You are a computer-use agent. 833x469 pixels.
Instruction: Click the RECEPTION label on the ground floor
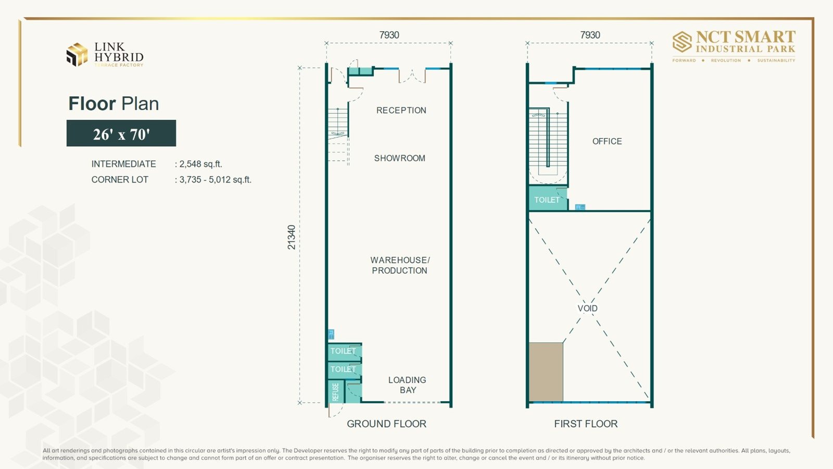click(x=401, y=110)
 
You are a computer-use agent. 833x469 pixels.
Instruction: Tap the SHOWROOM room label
click(x=399, y=158)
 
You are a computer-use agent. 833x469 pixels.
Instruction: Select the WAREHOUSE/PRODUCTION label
click(x=400, y=265)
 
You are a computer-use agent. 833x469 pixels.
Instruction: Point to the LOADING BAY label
click(x=407, y=385)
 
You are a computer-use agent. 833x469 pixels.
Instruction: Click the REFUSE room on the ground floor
click(x=336, y=391)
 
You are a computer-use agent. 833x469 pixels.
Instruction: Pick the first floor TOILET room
click(x=548, y=199)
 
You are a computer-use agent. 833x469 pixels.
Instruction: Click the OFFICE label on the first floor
click(x=607, y=141)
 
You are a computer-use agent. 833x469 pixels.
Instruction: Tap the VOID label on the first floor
click(x=588, y=308)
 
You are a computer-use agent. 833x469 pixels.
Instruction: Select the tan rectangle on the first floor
click(x=546, y=372)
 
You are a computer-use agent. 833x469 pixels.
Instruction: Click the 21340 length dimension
click(x=292, y=237)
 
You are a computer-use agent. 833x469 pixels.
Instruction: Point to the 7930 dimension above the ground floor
click(x=389, y=35)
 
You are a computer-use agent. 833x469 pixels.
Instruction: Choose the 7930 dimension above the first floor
click(x=590, y=35)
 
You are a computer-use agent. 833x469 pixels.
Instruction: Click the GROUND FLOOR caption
click(x=386, y=424)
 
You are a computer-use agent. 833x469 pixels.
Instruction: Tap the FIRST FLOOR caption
click(x=586, y=424)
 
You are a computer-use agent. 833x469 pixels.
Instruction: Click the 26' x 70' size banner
click(x=121, y=133)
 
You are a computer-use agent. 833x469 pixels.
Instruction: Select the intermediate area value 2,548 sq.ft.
click(x=201, y=164)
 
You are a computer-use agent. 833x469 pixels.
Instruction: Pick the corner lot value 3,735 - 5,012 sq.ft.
click(x=216, y=180)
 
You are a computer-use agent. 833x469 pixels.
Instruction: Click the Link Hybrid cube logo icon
click(x=77, y=54)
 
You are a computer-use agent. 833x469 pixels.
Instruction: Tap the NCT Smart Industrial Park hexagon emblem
click(x=682, y=42)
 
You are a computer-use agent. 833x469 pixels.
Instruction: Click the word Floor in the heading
click(x=92, y=104)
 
